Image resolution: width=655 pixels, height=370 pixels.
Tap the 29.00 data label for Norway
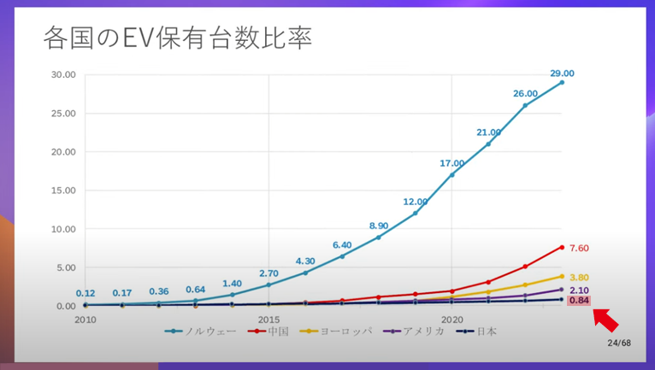point(562,73)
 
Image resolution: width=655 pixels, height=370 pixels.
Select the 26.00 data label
point(525,93)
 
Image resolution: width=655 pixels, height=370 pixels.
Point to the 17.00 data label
point(452,163)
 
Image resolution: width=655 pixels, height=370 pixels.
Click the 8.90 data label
point(379,226)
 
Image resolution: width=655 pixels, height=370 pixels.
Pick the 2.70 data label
point(269,273)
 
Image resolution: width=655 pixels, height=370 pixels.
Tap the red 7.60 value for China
point(579,248)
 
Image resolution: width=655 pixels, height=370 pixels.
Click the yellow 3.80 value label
point(579,277)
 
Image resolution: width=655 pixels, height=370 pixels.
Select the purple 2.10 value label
point(579,291)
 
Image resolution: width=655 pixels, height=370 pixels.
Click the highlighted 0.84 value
point(579,301)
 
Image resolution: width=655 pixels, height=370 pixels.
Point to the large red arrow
point(605,320)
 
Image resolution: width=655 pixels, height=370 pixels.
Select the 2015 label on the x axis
point(268,320)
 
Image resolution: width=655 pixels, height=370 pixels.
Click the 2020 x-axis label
point(451,320)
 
